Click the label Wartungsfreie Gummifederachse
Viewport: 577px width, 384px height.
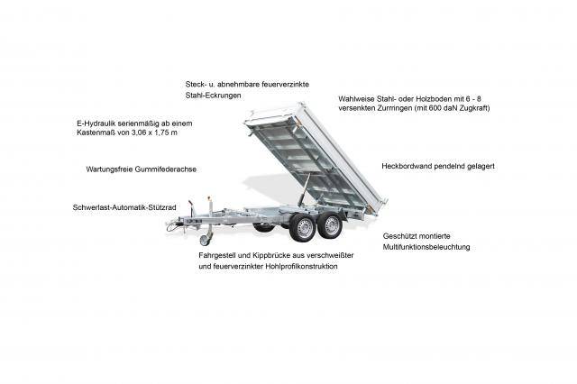141,169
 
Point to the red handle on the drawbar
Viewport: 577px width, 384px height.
206,200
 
